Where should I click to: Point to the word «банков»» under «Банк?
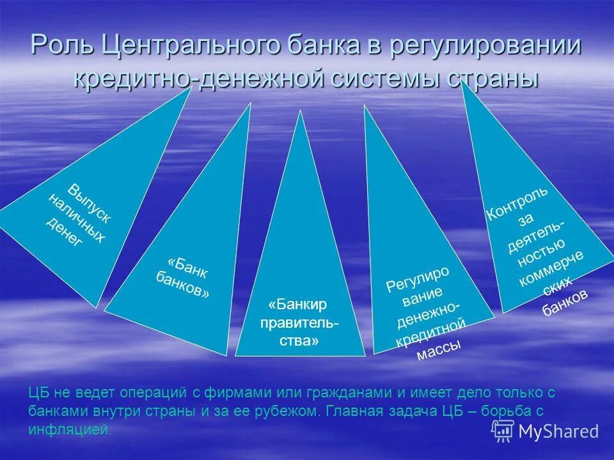click(x=182, y=285)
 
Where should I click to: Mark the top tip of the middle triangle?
click(x=299, y=113)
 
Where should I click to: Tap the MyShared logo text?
click(x=558, y=431)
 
